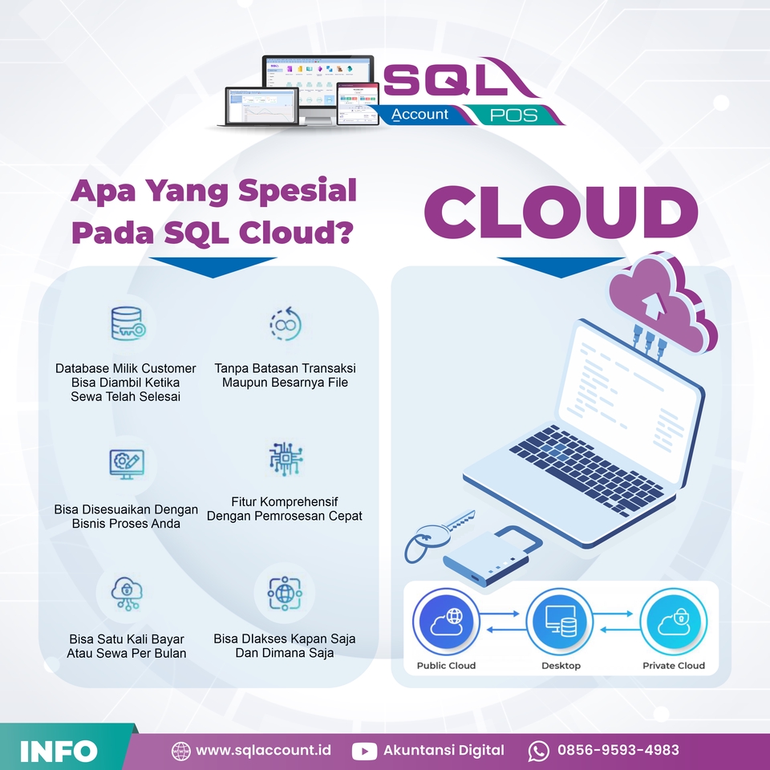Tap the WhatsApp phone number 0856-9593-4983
tap(618, 751)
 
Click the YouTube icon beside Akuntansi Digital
tap(365, 752)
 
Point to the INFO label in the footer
tap(59, 752)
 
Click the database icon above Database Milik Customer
tap(127, 322)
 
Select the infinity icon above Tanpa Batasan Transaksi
tap(285, 322)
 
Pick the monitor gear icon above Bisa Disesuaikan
tap(127, 463)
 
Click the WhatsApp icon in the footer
tap(539, 752)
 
